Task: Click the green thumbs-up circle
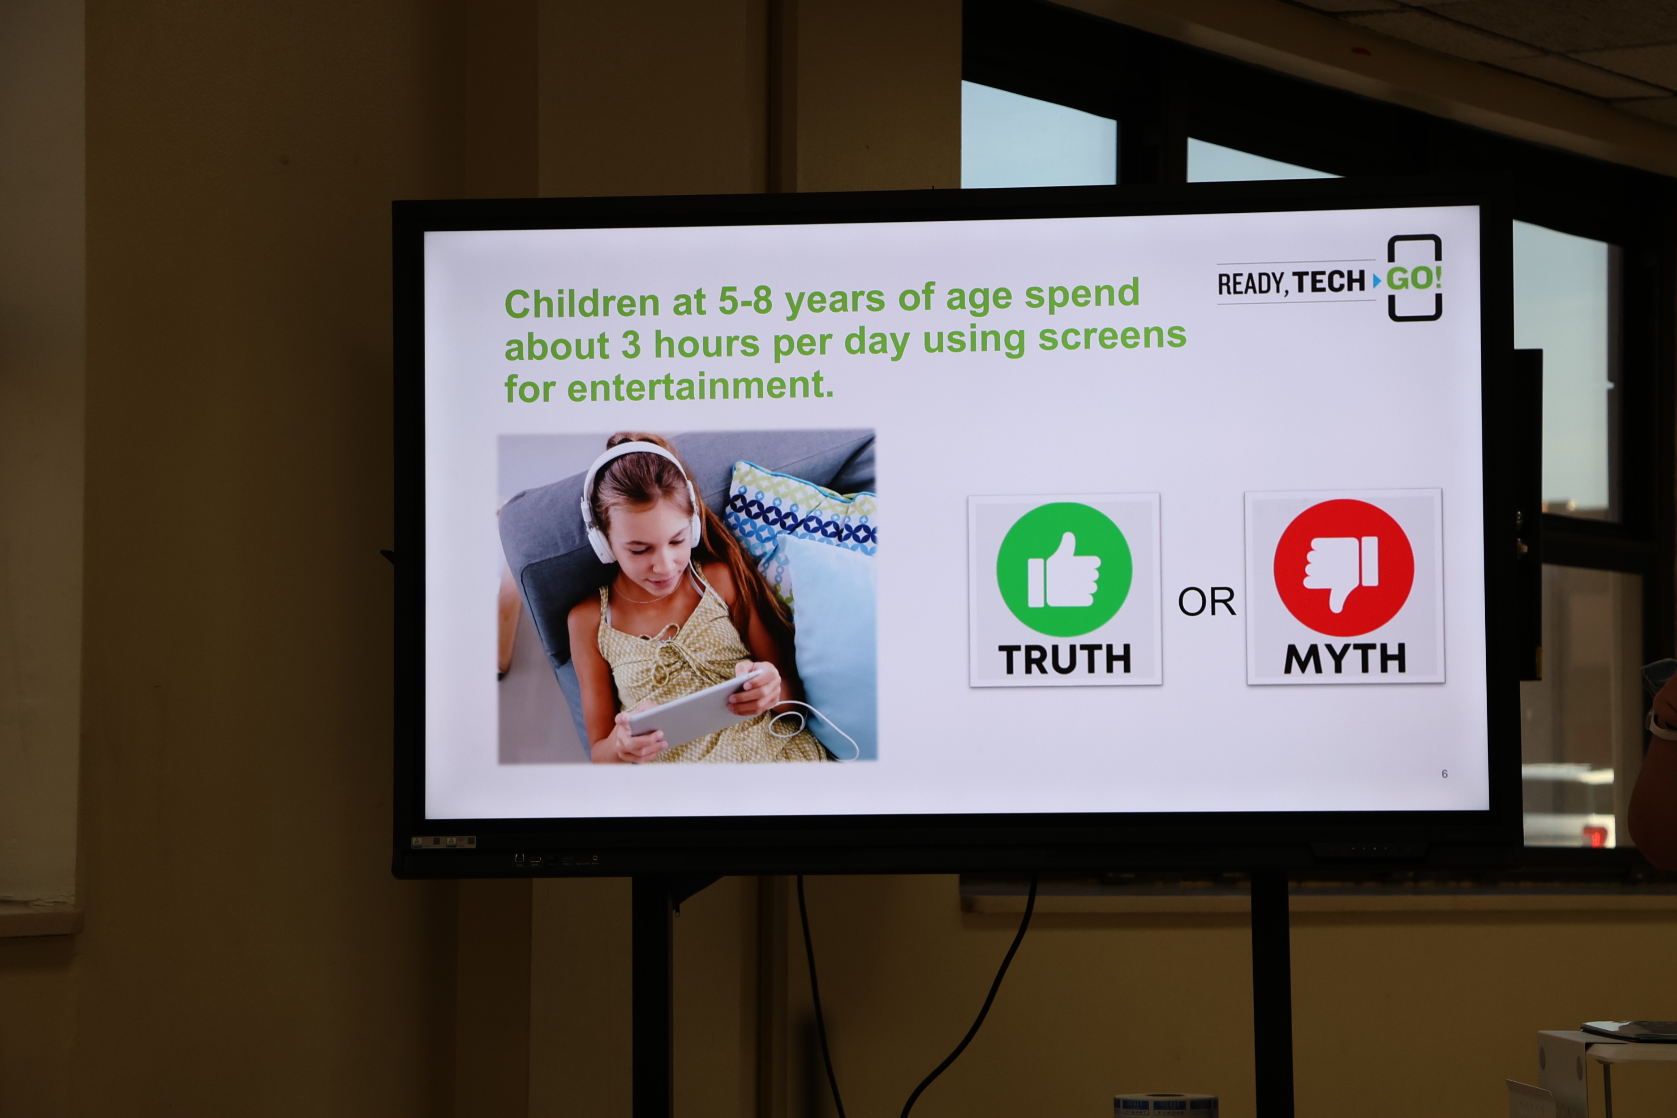click(1064, 569)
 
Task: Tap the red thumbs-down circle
click(1343, 567)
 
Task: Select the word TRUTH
click(1065, 659)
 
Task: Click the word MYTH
click(1345, 658)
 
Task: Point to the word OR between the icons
click(1206, 602)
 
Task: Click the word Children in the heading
click(582, 304)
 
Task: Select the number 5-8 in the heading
click(745, 300)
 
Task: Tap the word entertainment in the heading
click(700, 387)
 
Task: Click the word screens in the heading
click(1112, 336)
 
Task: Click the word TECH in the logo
click(1329, 282)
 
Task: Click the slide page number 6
click(1445, 774)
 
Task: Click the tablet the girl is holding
click(695, 709)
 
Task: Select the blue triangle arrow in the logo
click(1377, 281)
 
